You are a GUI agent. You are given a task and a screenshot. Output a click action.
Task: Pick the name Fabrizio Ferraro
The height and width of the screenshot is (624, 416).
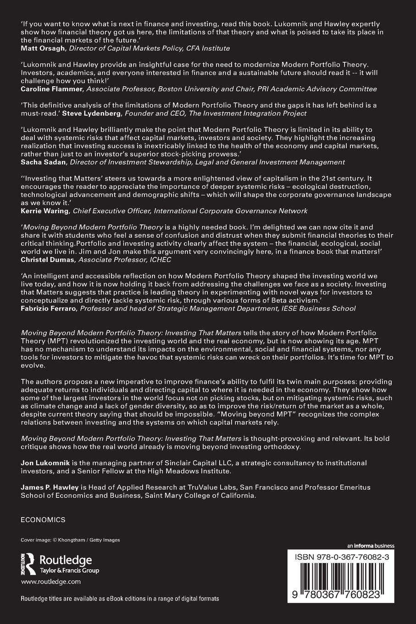(x=49, y=308)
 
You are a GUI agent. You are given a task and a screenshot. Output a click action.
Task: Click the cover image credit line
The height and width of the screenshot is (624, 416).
(x=70, y=540)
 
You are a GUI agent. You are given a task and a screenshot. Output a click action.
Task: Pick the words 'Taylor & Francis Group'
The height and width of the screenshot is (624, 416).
(x=70, y=571)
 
